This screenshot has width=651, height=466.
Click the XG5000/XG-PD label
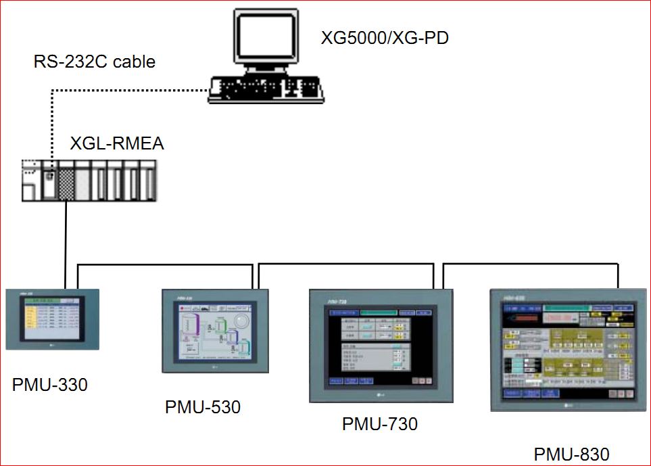pos(385,38)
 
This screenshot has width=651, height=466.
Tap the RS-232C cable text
pos(95,62)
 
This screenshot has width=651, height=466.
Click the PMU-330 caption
pos(50,385)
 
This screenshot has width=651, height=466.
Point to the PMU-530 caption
pos(203,407)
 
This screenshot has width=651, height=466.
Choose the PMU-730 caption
pos(380,424)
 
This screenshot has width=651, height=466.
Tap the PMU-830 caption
pos(572,455)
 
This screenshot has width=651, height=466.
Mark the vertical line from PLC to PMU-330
pos(66,243)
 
